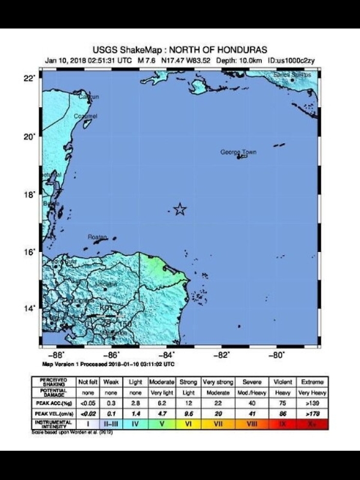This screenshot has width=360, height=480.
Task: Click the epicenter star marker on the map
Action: (179, 209)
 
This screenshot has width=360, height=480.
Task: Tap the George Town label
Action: (238, 152)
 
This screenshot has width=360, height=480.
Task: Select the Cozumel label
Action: (85, 116)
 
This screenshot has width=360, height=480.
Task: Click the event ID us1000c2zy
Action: (295, 60)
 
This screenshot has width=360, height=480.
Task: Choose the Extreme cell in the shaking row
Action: (313, 382)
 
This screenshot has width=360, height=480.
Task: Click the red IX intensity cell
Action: (283, 424)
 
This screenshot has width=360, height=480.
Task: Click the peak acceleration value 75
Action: (283, 403)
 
